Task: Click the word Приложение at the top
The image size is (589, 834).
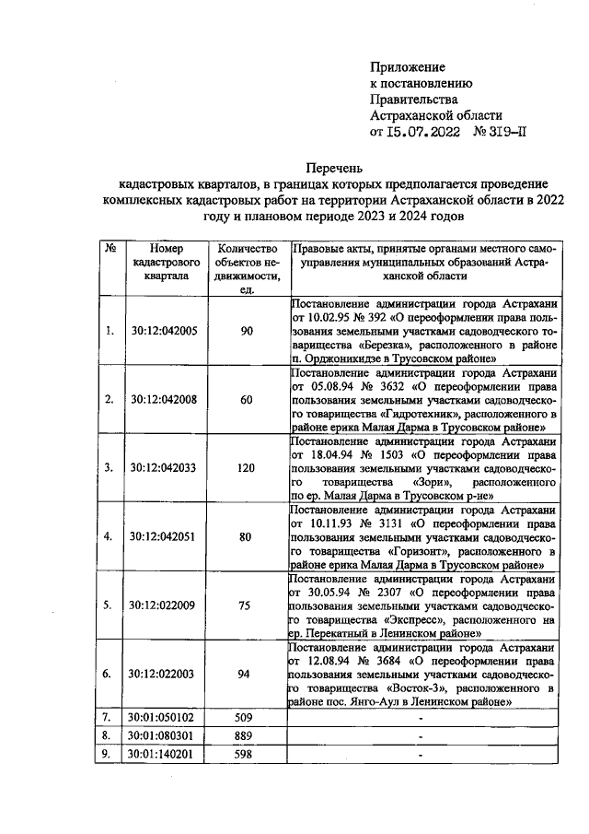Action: pos(407,67)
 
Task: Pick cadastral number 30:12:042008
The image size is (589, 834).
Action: pos(165,399)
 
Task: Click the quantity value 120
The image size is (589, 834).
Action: pos(246,467)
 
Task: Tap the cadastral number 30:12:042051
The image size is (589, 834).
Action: pos(165,535)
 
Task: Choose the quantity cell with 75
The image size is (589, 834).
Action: pos(246,605)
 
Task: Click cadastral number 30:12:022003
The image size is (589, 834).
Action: pos(165,674)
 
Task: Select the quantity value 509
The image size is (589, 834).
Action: pos(246,717)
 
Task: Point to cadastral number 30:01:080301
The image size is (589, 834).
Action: pos(165,735)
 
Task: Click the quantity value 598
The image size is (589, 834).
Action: pos(246,755)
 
